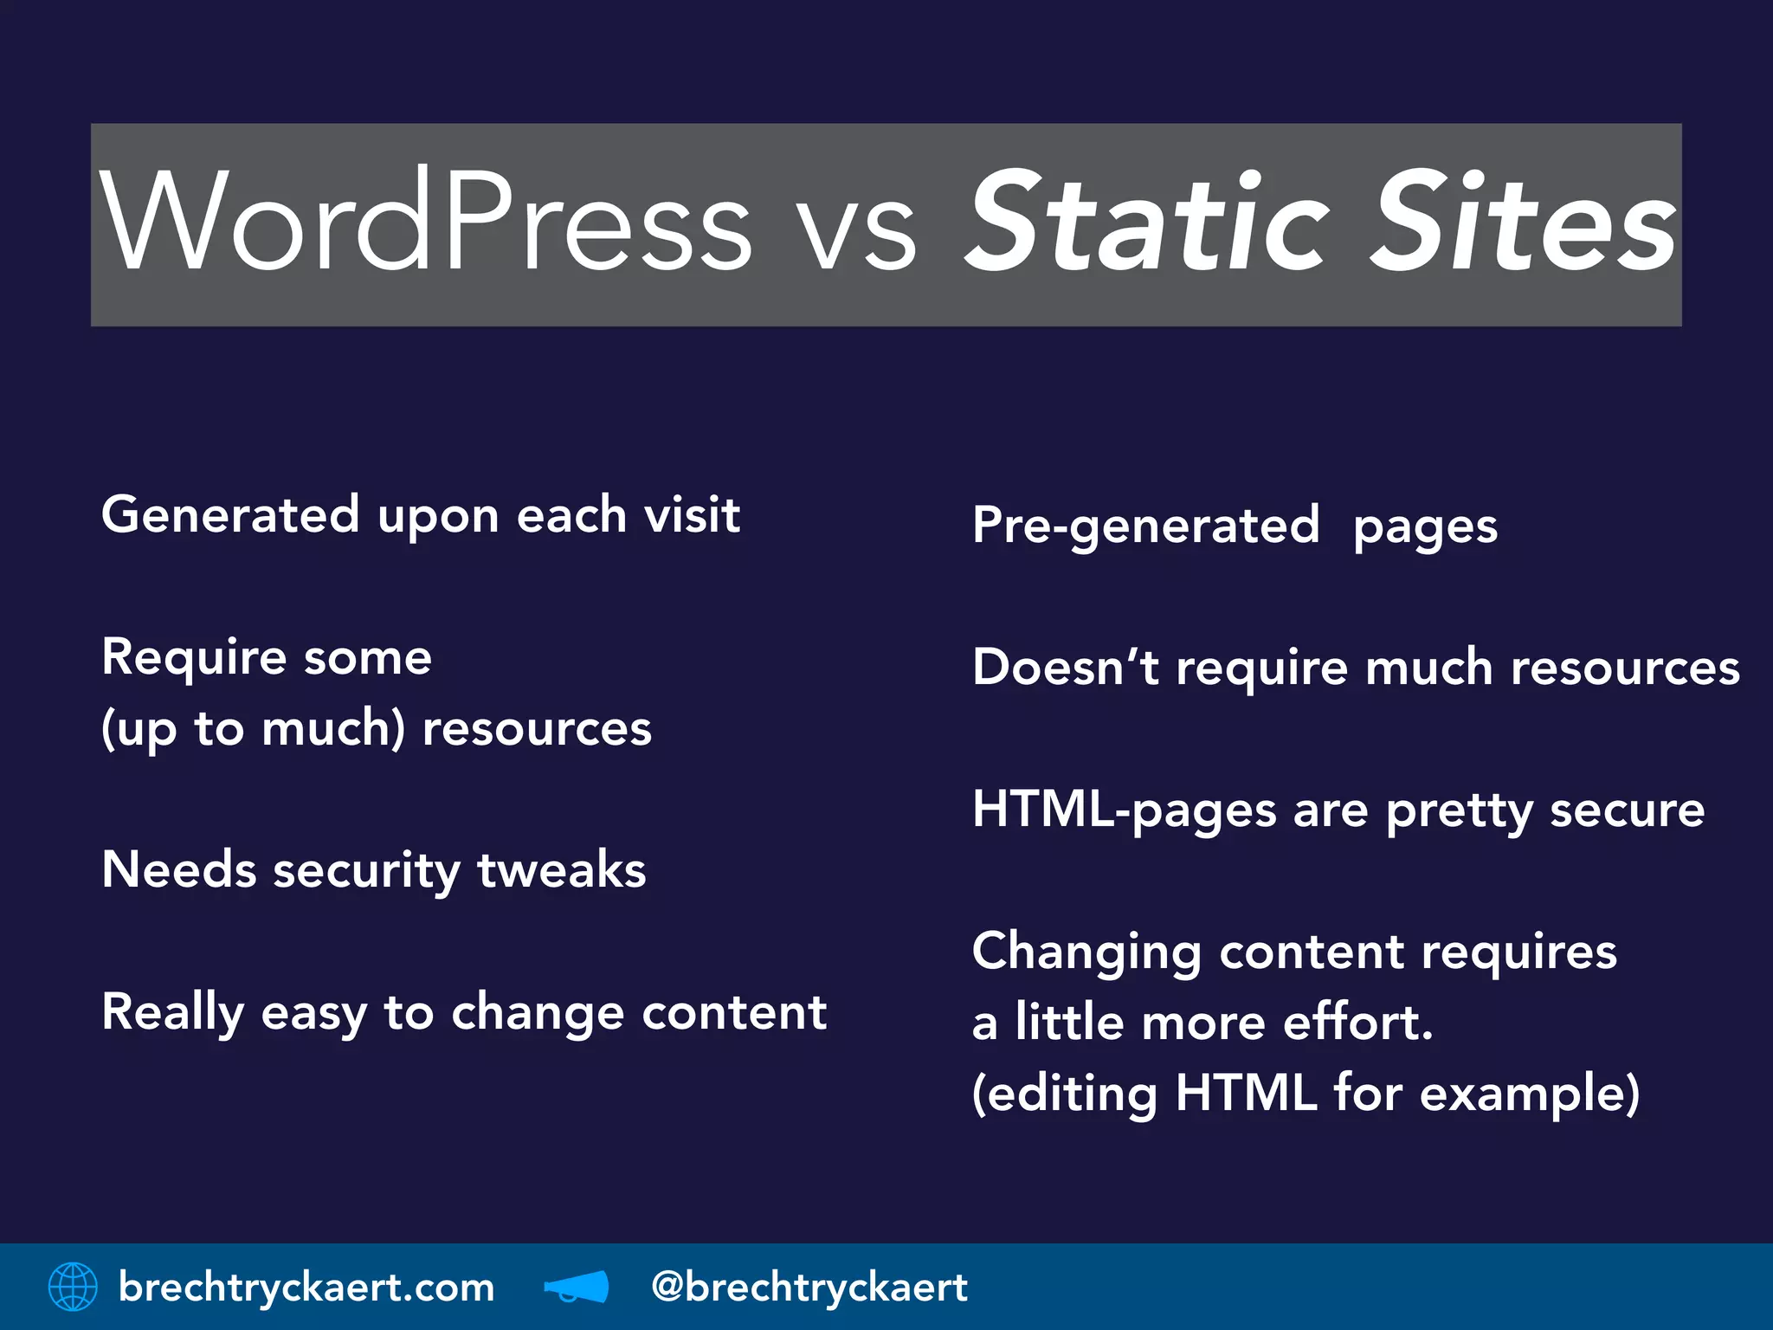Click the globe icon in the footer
pos(73,1287)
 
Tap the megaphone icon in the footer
pos(577,1287)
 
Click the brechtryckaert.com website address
pos(306,1288)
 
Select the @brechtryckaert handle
pos(809,1288)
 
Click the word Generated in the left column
pos(230,515)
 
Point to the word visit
pos(693,515)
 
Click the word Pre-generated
pos(1145,526)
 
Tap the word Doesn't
pos(1065,668)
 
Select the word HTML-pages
pos(1125,811)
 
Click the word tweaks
pos(562,870)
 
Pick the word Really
pos(173,1013)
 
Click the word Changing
pos(1086,953)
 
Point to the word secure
pos(1627,811)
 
